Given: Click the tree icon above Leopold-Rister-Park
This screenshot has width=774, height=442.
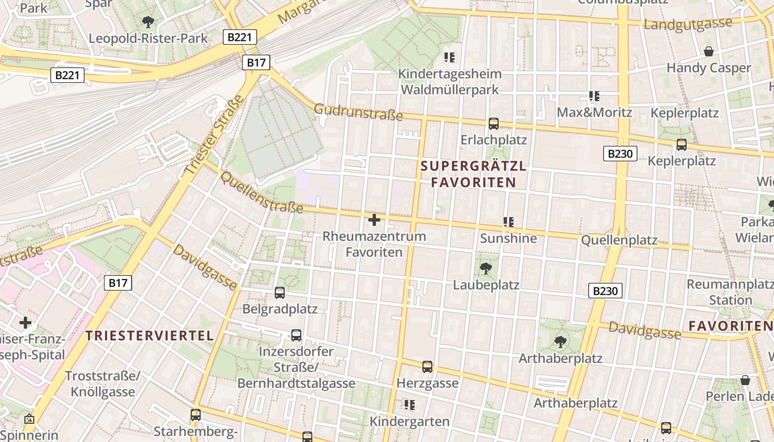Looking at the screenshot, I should [148, 22].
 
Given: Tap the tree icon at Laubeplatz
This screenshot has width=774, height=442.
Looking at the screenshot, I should [486, 269].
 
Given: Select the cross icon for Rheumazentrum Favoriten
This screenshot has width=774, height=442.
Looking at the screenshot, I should [374, 220].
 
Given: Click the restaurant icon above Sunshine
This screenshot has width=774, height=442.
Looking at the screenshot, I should [509, 222].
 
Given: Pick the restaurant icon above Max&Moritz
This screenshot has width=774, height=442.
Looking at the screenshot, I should [594, 96].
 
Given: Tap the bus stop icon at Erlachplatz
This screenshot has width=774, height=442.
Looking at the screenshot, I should [494, 124].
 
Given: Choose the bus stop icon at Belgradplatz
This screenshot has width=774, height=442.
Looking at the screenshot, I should [280, 293].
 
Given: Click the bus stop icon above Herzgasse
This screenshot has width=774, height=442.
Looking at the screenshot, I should [427, 367].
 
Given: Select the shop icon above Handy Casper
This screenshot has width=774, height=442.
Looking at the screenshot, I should [709, 52].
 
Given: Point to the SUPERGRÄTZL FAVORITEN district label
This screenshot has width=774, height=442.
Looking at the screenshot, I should [474, 174].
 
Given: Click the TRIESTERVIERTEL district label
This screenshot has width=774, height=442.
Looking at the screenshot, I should [150, 335].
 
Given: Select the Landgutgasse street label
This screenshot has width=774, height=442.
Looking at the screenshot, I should [688, 24].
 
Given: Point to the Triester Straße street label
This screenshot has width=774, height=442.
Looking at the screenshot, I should [213, 135].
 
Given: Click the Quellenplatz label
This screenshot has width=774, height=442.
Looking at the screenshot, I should [619, 240].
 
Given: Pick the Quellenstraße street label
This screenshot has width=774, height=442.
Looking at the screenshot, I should [261, 192].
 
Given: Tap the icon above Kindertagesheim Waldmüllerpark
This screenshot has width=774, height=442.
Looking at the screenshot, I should [449, 57].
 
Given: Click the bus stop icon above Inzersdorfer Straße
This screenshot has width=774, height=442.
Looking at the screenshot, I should [296, 335].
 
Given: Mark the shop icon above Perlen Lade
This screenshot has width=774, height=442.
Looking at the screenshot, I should [745, 380].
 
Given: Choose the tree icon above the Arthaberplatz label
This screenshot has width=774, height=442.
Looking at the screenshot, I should [561, 342].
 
